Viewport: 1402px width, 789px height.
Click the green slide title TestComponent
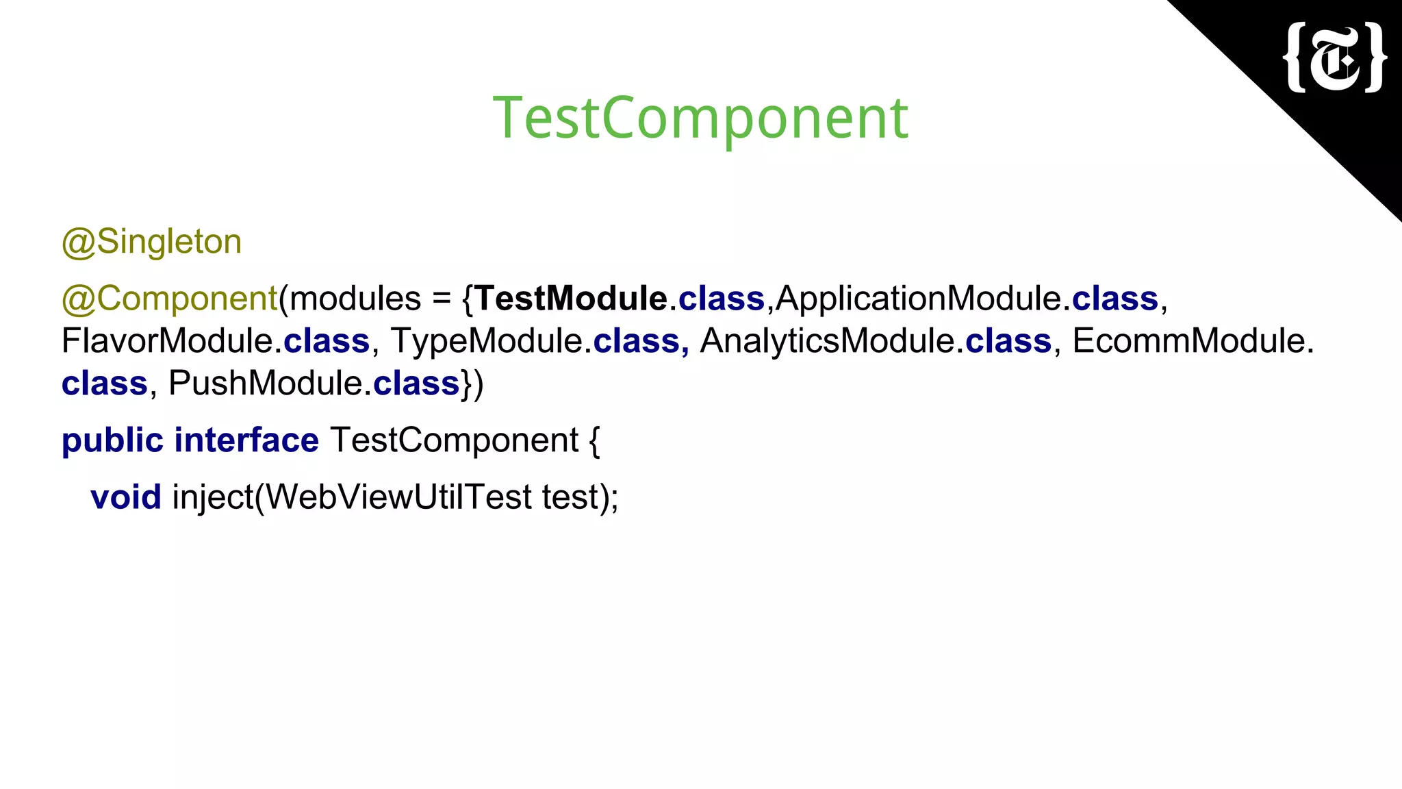(700, 118)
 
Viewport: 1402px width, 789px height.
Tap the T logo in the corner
(1335, 58)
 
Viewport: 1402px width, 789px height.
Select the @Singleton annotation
(151, 242)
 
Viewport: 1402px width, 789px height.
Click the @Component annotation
(169, 299)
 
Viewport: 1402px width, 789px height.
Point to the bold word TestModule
(571, 299)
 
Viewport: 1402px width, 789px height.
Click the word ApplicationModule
(918, 299)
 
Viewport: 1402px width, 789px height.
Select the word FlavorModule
(167, 341)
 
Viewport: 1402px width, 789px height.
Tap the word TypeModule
(486, 341)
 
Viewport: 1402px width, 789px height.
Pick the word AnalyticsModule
(827, 341)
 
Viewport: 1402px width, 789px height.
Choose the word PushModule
(265, 384)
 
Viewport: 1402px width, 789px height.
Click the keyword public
(112, 440)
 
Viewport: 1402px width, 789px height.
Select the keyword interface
(246, 440)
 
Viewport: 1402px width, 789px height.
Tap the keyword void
(126, 497)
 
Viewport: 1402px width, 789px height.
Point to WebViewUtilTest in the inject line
(398, 497)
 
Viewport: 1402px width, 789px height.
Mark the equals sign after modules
(442, 299)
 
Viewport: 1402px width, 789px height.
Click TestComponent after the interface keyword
(455, 440)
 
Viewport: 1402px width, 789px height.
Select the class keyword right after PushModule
(416, 384)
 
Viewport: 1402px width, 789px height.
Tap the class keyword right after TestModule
(721, 299)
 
